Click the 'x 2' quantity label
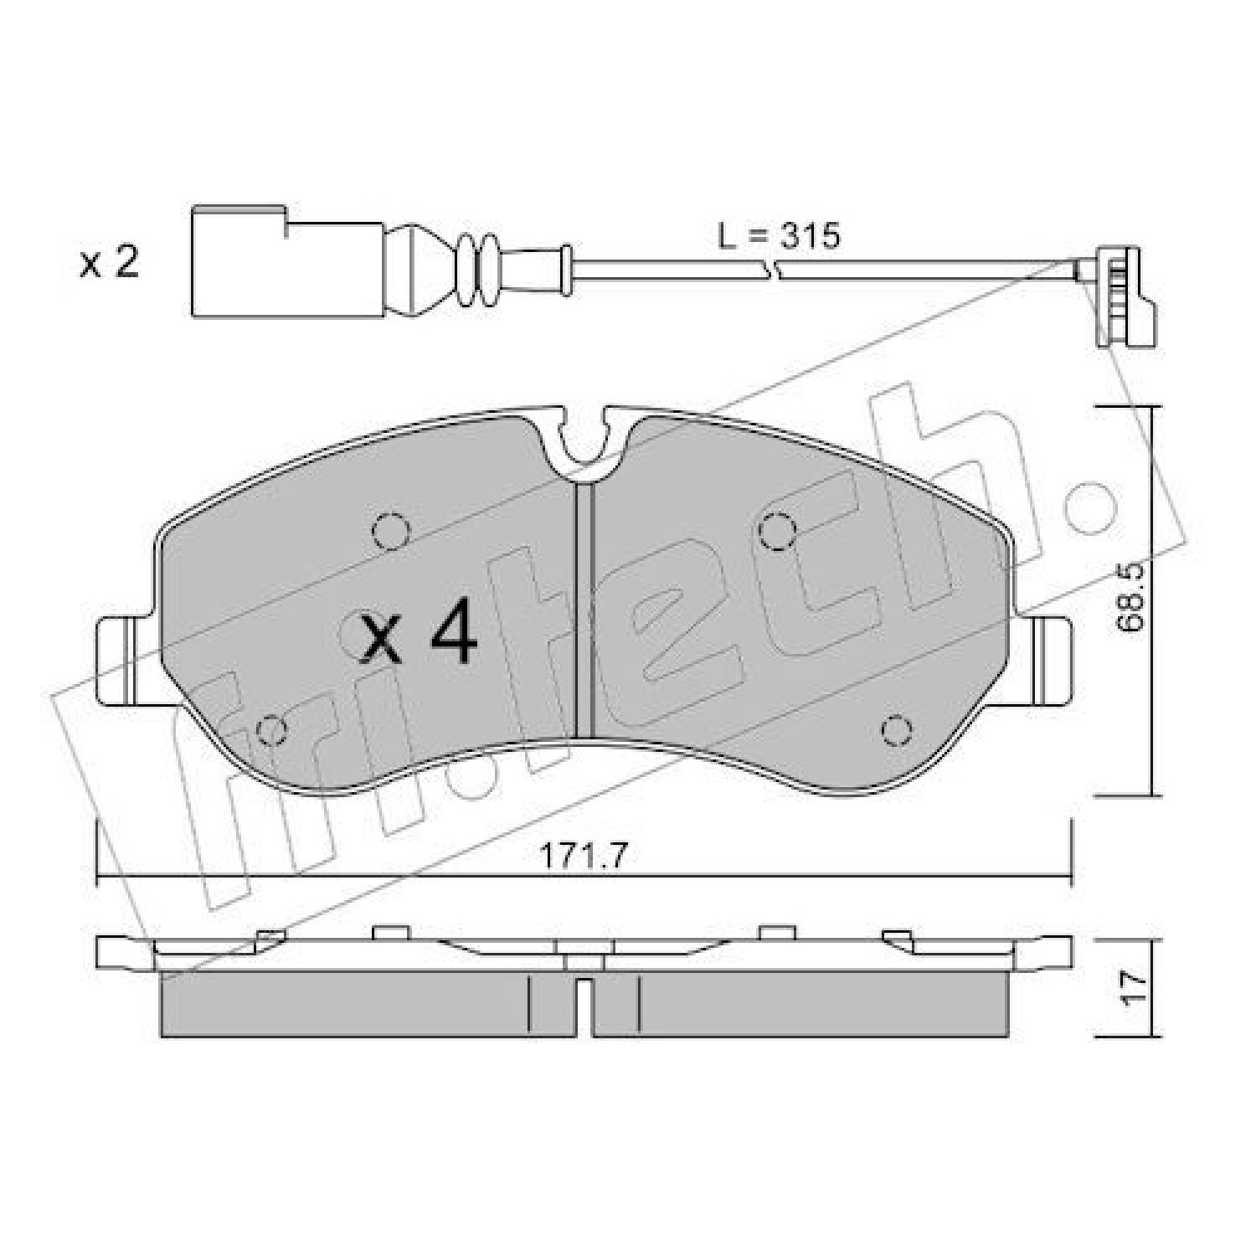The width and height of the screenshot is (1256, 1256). [x=109, y=263]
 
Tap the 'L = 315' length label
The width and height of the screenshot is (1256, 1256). [x=778, y=236]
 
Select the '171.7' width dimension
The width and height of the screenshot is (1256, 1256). [x=584, y=856]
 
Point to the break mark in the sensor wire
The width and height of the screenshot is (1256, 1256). [x=773, y=269]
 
